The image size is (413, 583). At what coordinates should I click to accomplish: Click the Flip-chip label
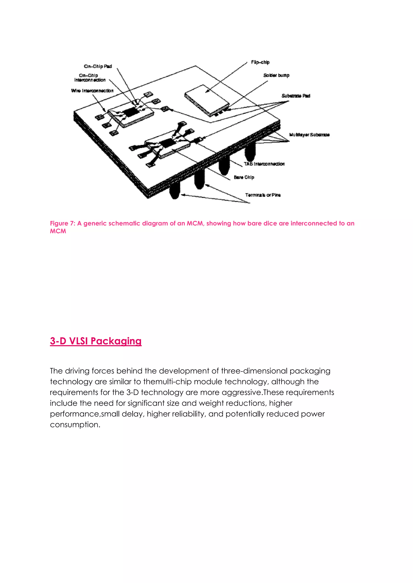click(x=260, y=62)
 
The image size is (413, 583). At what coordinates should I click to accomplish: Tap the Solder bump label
click(x=276, y=75)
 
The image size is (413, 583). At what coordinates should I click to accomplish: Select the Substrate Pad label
click(x=296, y=96)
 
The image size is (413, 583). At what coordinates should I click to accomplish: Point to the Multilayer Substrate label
click(x=309, y=135)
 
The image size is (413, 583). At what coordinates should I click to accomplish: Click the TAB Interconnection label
click(x=264, y=164)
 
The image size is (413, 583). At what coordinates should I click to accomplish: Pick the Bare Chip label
click(x=244, y=177)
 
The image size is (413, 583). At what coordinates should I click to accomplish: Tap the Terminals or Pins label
click(x=263, y=195)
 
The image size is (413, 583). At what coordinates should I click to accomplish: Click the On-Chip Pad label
click(x=98, y=66)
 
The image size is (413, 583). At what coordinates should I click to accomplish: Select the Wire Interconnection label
click(x=92, y=91)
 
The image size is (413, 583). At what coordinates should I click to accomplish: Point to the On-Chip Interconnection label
click(x=90, y=78)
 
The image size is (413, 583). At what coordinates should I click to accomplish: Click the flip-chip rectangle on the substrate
click(x=206, y=99)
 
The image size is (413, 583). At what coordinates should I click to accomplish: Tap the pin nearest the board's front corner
click(x=174, y=192)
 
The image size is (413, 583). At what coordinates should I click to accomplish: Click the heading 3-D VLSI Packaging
click(x=96, y=341)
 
